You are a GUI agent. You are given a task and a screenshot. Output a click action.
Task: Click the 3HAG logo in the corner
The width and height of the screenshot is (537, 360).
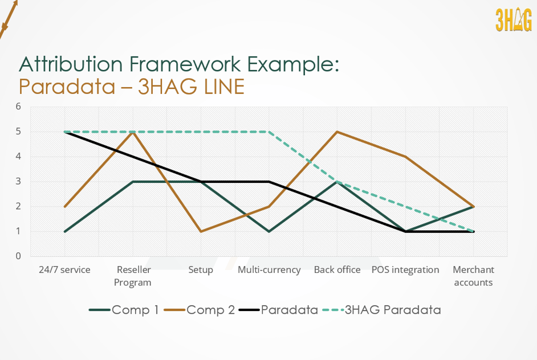pyautogui.click(x=513, y=21)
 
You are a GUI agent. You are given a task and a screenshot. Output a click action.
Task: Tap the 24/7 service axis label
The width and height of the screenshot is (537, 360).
pyautogui.click(x=64, y=269)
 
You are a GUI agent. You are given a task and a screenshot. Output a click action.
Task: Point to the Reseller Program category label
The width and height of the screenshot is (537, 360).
pyautogui.click(x=133, y=276)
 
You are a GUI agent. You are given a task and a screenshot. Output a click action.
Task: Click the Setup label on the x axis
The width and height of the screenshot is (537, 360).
pyautogui.click(x=201, y=269)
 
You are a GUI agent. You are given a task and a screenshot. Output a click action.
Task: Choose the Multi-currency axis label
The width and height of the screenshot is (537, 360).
pyautogui.click(x=269, y=269)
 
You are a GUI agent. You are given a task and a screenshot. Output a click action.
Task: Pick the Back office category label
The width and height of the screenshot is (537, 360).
pyautogui.click(x=337, y=269)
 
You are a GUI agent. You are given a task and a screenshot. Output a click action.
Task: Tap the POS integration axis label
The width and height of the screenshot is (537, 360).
pyautogui.click(x=405, y=269)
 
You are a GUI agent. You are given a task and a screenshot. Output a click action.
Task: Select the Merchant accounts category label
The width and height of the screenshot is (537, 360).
pyautogui.click(x=473, y=276)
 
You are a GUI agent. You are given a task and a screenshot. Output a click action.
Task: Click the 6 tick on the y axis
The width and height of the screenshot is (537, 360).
pyautogui.click(x=18, y=107)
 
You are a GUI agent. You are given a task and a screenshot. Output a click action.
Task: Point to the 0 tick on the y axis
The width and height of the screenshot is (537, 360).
pyautogui.click(x=18, y=256)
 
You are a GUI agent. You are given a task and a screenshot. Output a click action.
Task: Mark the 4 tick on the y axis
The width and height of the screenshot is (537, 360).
pyautogui.click(x=18, y=157)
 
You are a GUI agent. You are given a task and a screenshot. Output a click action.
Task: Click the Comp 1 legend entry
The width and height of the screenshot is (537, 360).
pyautogui.click(x=124, y=310)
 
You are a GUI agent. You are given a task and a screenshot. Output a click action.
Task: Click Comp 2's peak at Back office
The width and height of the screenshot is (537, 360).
pyautogui.click(x=337, y=132)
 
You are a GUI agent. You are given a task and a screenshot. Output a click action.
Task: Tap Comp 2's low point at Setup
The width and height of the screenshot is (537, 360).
pyautogui.click(x=201, y=231)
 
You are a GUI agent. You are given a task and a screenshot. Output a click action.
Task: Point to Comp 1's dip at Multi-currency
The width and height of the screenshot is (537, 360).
pyautogui.click(x=269, y=231)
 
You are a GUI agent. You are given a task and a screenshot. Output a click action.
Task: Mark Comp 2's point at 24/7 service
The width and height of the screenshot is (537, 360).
pyautogui.click(x=64, y=206)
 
